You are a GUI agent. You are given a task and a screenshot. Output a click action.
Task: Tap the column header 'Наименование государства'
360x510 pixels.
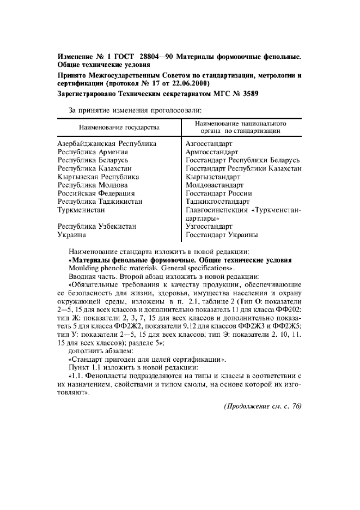(119, 127)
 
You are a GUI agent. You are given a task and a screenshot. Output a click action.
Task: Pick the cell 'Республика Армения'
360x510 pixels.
(93, 153)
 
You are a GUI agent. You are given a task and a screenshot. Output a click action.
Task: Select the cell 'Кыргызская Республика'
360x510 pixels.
(99, 177)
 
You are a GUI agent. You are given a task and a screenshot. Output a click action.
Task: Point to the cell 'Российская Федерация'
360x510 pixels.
(96, 193)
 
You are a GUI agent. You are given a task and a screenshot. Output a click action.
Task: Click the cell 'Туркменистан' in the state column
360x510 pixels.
(82, 210)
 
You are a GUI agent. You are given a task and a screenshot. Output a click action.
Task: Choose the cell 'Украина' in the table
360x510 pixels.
(72, 235)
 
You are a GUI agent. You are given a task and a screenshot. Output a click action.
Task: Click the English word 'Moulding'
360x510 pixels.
(84, 269)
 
